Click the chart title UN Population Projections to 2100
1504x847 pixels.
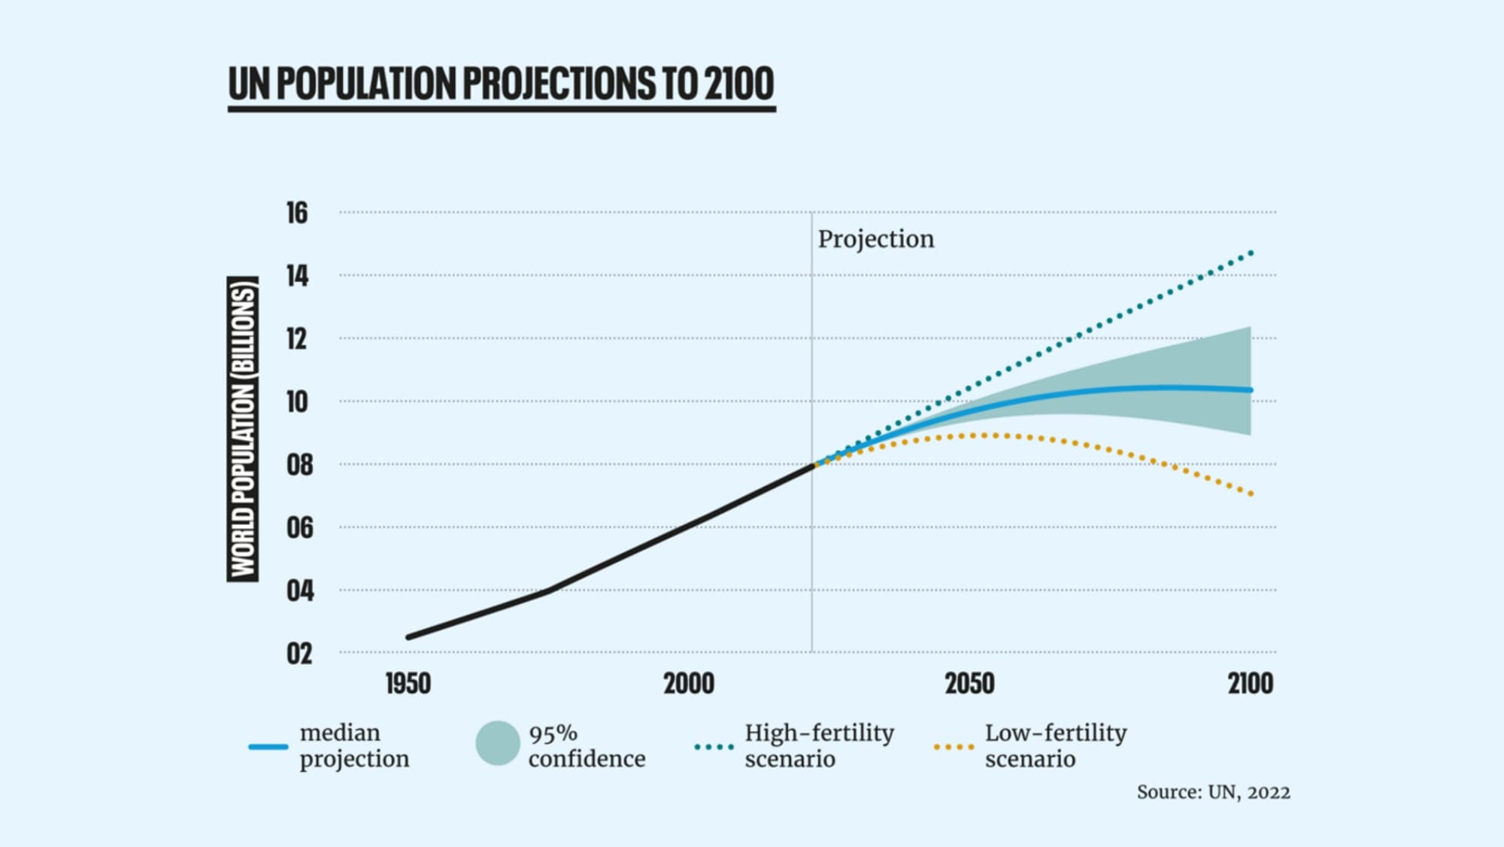point(501,83)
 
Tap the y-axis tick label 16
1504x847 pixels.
point(297,213)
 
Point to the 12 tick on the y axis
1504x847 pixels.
point(297,339)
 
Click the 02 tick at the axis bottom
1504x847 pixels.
point(299,654)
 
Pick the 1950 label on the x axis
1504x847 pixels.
point(408,684)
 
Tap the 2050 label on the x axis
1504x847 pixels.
point(969,684)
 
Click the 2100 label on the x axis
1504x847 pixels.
point(1251,684)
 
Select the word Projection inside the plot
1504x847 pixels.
point(876,239)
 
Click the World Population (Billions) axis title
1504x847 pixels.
point(243,429)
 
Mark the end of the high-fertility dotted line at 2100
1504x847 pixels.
point(1251,253)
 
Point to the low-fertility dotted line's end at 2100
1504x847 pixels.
point(1251,494)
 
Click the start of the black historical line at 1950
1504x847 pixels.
point(408,637)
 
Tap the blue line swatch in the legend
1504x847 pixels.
point(268,746)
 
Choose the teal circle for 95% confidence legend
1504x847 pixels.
point(498,743)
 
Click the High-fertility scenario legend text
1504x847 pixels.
point(819,745)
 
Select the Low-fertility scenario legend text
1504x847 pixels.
point(1055,745)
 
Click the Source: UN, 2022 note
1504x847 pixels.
point(1213,792)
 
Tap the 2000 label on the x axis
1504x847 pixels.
point(689,684)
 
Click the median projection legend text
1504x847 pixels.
point(354,745)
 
